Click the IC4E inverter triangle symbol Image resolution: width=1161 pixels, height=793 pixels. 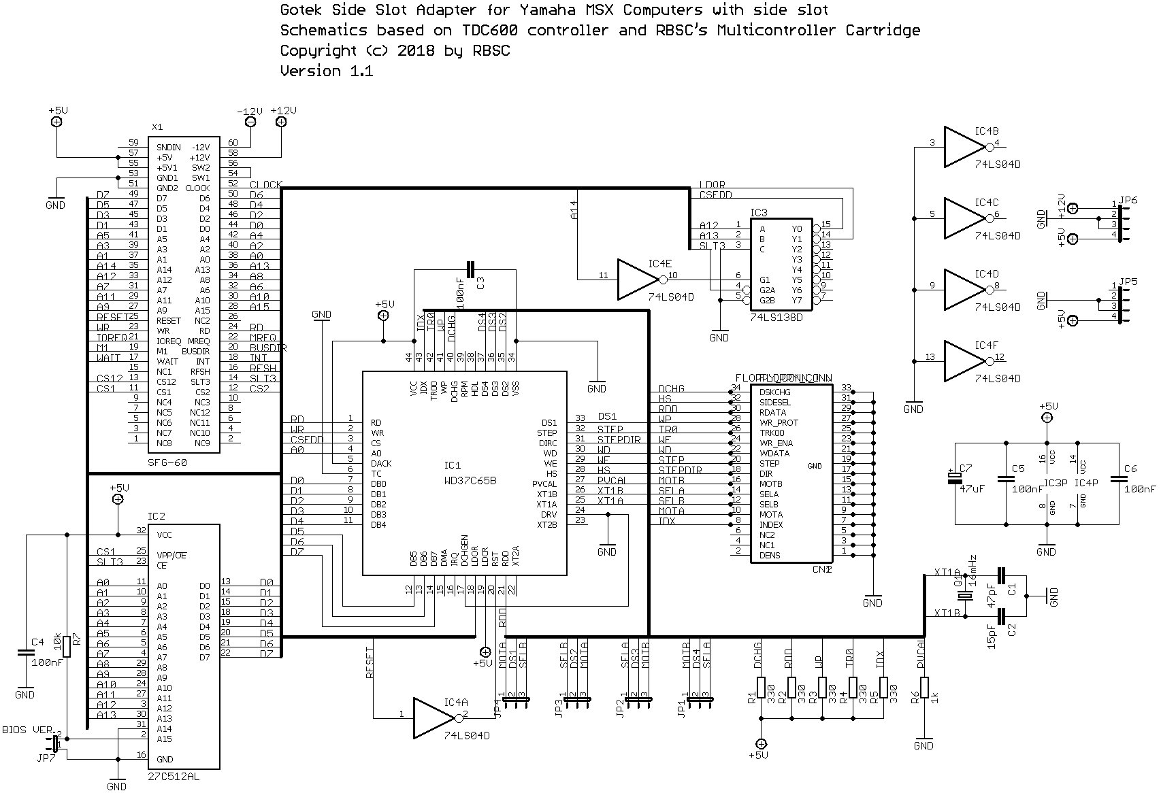click(x=637, y=279)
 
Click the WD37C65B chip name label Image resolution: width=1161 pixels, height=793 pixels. click(x=470, y=480)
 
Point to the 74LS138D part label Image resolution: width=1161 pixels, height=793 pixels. click(x=776, y=317)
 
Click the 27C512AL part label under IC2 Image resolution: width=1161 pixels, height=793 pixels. click(x=174, y=775)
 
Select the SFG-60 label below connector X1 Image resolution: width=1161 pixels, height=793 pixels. click(x=167, y=462)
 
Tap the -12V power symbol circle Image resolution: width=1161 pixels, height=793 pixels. click(x=250, y=122)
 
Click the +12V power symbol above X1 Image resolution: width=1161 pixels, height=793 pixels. click(x=281, y=122)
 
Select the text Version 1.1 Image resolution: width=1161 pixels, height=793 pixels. click(x=327, y=71)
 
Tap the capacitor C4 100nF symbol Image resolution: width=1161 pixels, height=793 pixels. click(x=25, y=652)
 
